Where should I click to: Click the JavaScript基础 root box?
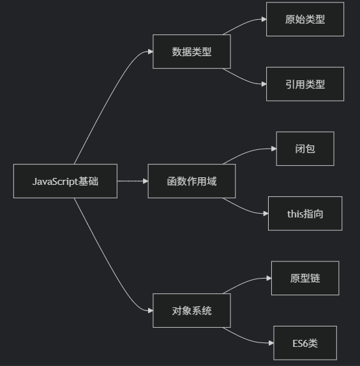click(65, 181)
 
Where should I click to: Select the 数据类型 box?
click(191, 52)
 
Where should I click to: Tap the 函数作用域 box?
click(191, 181)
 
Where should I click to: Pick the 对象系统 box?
click(191, 311)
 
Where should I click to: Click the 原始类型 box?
click(305, 19)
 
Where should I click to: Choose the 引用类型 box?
click(305, 84)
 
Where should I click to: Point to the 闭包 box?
click(305, 149)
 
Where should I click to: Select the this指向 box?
click(305, 214)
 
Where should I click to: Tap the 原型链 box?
click(305, 278)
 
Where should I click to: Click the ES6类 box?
click(305, 343)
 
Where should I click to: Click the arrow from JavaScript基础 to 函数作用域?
click(133, 181)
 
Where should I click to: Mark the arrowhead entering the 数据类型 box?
click(150, 52)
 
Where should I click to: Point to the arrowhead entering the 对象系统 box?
click(150, 311)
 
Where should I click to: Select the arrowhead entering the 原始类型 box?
click(264, 19)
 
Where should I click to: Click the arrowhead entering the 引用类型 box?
click(264, 84)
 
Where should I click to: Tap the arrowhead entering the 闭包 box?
click(274, 149)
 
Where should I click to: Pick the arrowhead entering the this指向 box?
click(266, 214)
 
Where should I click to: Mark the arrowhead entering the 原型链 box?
click(269, 278)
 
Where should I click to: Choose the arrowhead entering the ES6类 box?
click(271, 343)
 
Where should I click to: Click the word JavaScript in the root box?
click(55, 182)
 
